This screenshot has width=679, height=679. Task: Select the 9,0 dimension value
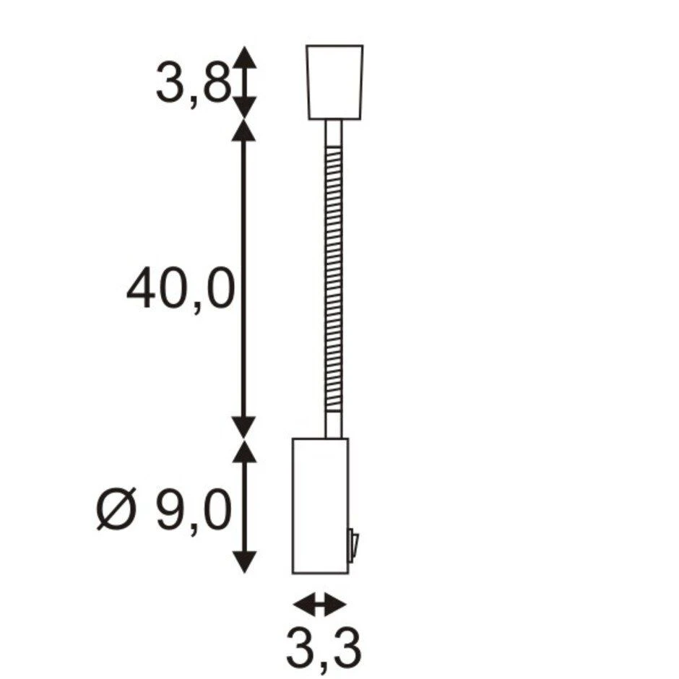click(192, 512)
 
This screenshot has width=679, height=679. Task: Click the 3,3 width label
click(322, 649)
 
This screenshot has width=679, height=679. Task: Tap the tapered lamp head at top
click(334, 82)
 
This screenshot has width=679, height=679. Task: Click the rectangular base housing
click(320, 506)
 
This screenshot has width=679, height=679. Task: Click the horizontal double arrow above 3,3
click(320, 602)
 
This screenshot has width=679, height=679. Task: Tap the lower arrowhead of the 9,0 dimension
click(246, 561)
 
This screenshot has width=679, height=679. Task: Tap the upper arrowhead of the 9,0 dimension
click(246, 452)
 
